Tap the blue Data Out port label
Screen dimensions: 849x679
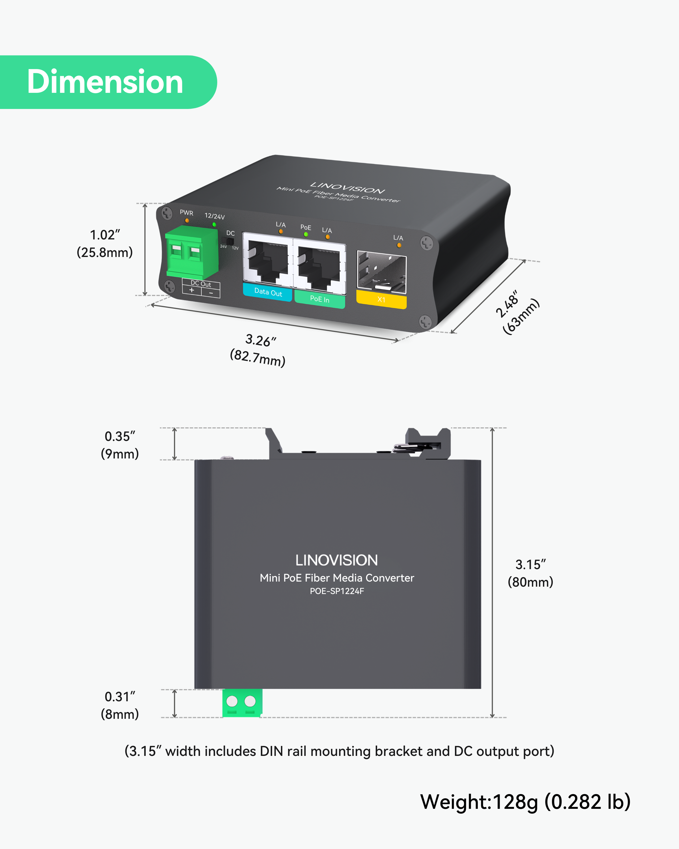click(268, 292)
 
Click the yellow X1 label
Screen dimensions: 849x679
click(381, 300)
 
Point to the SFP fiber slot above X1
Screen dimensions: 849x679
click(381, 272)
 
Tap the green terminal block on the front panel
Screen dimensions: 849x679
click(192, 252)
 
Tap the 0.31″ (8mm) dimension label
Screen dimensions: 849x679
click(120, 705)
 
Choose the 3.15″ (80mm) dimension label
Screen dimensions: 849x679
click(530, 573)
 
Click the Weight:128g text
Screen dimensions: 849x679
click(525, 802)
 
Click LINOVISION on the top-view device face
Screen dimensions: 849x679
click(337, 560)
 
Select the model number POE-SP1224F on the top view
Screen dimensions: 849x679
click(337, 591)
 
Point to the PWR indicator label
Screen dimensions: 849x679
click(186, 213)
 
